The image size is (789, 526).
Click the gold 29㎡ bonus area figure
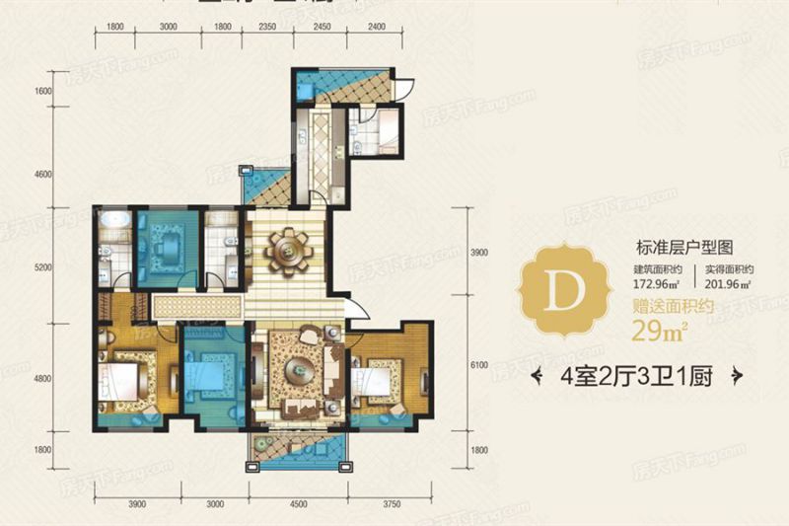coord(654,327)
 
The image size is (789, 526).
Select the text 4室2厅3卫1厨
coord(636,375)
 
